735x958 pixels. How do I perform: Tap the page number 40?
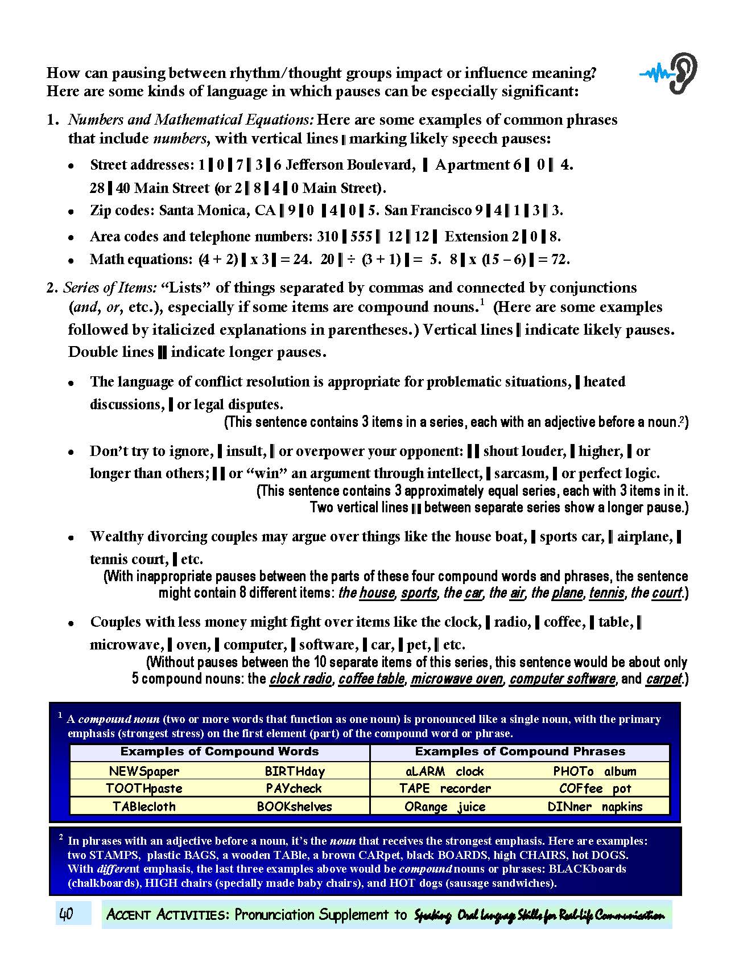(66, 915)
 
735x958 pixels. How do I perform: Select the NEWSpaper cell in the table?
(144, 771)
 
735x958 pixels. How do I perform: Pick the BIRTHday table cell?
(295, 771)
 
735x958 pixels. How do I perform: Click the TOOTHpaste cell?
(144, 788)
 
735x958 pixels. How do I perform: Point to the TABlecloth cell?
(144, 806)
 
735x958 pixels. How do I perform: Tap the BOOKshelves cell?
(294, 806)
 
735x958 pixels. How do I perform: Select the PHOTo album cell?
(594, 771)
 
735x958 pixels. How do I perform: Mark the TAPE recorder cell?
(444, 788)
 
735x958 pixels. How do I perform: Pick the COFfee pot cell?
(594, 788)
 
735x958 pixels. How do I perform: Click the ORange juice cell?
(444, 806)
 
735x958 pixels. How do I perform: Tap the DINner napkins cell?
(594, 806)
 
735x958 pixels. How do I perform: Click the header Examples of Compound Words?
(219, 751)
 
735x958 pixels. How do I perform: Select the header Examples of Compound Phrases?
(519, 751)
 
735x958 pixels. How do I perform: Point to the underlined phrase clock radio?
(300, 679)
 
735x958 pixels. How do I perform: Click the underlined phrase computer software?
(562, 679)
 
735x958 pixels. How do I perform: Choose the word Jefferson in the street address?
(314, 165)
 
